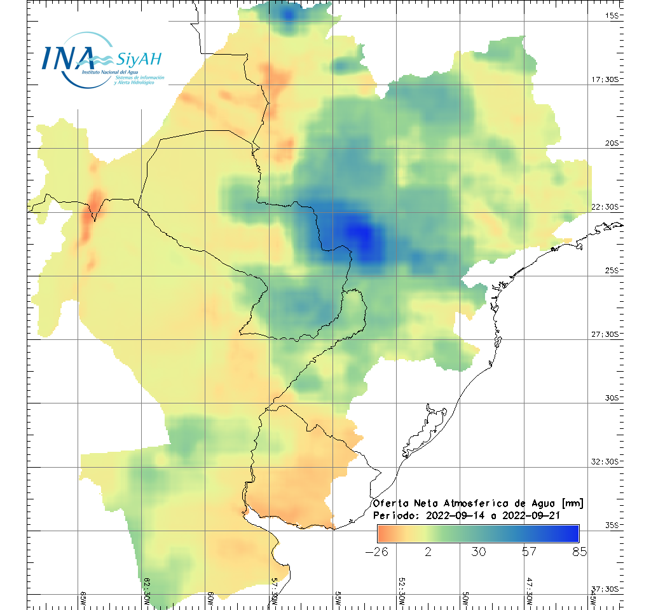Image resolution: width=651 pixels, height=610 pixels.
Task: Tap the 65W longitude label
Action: coord(84,598)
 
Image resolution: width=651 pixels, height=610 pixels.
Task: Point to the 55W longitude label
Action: coord(338,598)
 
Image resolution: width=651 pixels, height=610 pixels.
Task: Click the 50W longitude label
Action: coord(465,598)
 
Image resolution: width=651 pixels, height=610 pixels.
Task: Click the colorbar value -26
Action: coord(377,552)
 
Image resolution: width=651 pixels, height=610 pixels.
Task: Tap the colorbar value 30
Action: coord(479,552)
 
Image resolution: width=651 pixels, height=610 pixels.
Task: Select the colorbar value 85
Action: coord(579,552)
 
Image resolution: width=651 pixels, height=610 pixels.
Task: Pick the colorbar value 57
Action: coord(529,552)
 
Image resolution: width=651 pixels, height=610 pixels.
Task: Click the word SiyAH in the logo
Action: coord(139,60)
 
